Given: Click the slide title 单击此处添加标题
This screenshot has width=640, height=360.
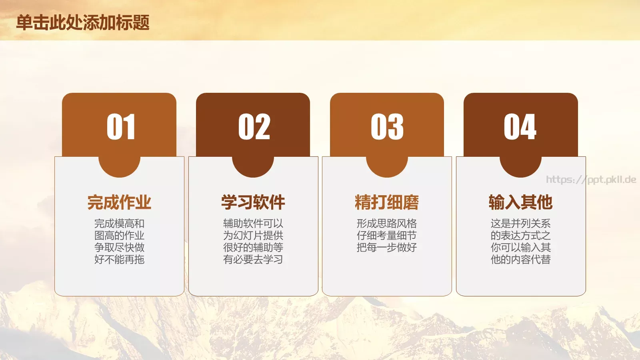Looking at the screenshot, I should coord(83,22).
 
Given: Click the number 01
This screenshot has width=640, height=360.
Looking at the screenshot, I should coord(120,127).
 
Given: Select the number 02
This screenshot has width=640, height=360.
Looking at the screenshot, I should coord(254,127).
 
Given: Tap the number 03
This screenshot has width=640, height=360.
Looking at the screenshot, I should coord(387,127).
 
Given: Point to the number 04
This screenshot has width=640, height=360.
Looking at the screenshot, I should coord(520,127).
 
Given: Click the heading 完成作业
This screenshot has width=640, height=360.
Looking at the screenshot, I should coord(119,202).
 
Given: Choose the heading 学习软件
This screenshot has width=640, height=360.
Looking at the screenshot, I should coord(253,202).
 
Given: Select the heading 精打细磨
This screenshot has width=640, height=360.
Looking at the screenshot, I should coord(387,202).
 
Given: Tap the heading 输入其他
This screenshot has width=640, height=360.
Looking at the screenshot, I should coord(520,202).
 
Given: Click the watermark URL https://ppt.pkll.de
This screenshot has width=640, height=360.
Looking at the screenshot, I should coord(591,180).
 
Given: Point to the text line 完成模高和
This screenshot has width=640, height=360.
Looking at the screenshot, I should coord(119,224).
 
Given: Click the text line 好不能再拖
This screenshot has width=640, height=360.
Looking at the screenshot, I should coord(119,260).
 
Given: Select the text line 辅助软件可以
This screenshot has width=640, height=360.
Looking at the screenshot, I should coord(253,224).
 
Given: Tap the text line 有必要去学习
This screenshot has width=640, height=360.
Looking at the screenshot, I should coord(253,260).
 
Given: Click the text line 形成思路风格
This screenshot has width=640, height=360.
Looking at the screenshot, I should coord(387,224).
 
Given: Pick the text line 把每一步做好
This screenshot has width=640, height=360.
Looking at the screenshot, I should coord(387,248).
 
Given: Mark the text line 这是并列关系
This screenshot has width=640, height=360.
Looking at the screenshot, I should coord(520,224).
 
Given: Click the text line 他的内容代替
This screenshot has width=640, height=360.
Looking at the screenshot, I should coord(520,260).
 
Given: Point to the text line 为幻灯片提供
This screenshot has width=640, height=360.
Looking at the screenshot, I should coord(253,236).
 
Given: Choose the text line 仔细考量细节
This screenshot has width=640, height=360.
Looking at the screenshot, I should coord(387,236).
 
